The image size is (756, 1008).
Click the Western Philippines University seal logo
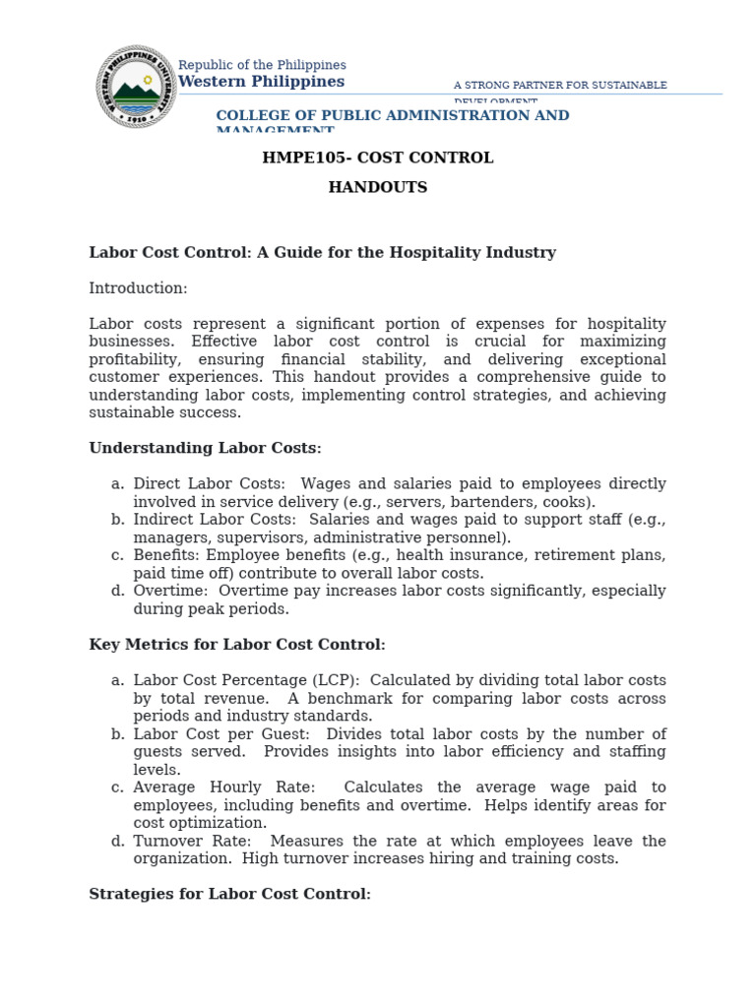click(x=137, y=87)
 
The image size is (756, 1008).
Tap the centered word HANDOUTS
click(x=378, y=187)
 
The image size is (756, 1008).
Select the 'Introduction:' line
click(x=138, y=288)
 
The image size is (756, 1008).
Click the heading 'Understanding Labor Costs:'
click(x=205, y=448)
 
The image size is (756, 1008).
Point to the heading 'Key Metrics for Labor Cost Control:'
click(x=237, y=645)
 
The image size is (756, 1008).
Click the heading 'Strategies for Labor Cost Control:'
click(x=229, y=894)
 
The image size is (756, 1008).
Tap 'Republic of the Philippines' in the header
click(x=262, y=65)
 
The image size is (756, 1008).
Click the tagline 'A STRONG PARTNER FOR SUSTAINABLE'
click(x=560, y=86)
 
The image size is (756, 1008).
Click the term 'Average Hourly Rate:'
click(x=224, y=787)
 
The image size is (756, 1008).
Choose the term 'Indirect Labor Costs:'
click(x=214, y=520)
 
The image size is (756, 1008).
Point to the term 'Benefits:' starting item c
click(x=167, y=555)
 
